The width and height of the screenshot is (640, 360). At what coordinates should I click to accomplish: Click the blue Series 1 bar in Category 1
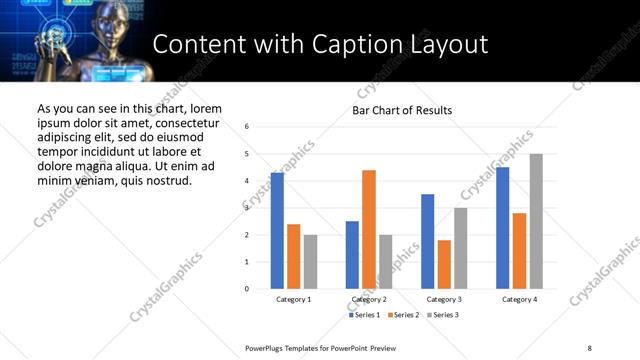(277, 231)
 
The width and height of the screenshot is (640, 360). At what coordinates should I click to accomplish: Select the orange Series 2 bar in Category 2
(369, 230)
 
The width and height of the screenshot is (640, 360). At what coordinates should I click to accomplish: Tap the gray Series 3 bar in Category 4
(536, 221)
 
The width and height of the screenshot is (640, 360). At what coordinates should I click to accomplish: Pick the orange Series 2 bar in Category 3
(444, 264)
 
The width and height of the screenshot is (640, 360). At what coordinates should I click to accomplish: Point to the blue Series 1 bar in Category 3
(427, 241)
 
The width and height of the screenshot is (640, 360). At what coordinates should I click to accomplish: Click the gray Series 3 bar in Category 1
(311, 262)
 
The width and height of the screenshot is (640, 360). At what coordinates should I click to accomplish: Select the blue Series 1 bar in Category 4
(502, 228)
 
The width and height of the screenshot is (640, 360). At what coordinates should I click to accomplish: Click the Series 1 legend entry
(363, 315)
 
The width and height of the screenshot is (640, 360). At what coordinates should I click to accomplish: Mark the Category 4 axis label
(519, 299)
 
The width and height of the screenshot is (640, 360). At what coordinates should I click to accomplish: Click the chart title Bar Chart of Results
(402, 110)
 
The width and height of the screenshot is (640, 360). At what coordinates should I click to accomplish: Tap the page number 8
(589, 347)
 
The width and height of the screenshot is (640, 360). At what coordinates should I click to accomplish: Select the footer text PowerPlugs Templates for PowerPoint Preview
(321, 347)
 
